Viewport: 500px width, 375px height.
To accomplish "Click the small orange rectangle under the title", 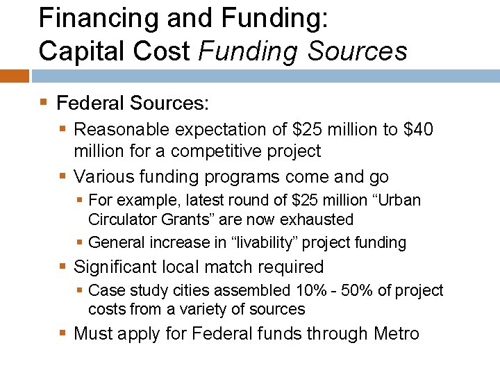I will coord(14,75).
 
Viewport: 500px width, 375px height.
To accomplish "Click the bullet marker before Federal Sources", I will coord(44,103).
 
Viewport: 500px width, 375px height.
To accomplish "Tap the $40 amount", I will coord(418,130).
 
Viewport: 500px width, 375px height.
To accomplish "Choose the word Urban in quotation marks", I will coord(399,200).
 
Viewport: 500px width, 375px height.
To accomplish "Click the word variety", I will coord(212,309).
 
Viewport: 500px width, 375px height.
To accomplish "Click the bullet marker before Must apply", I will coord(63,334).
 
